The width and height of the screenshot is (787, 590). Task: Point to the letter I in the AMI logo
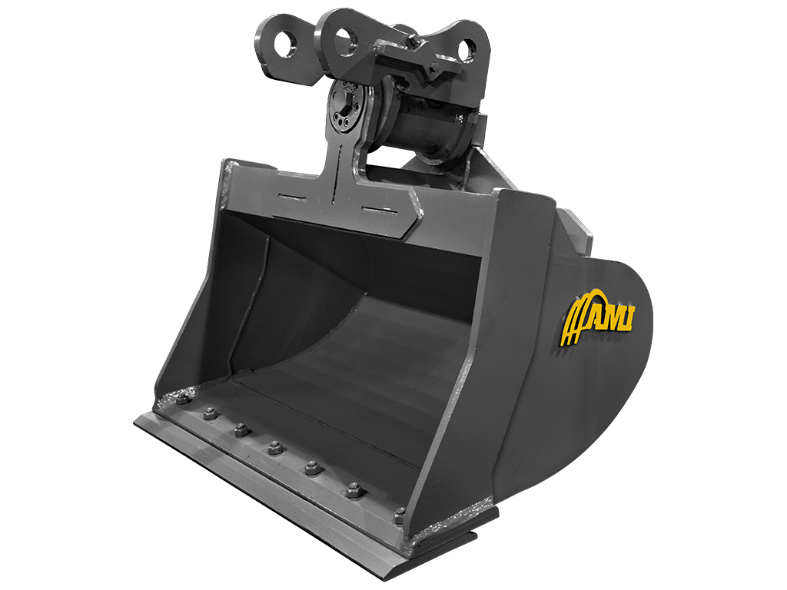[626, 316]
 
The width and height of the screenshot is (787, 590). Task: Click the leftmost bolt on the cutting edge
[181, 399]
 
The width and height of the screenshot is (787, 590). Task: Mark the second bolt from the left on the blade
[209, 414]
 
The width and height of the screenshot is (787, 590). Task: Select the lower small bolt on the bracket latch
[434, 69]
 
